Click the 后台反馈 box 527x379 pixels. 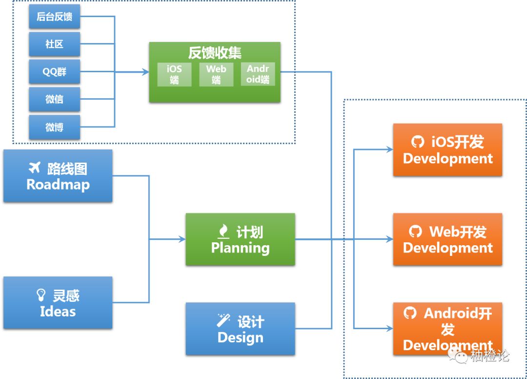[55, 17]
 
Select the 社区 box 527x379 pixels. [55, 44]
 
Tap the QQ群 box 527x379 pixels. [55, 72]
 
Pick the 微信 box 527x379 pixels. [55, 99]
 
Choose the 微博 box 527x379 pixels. [55, 127]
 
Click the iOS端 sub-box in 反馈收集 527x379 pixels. [174, 74]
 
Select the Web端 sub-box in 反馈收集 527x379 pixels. [216, 74]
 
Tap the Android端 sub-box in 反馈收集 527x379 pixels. [258, 74]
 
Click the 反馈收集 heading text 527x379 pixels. [215, 53]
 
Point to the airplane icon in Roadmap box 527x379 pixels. [35, 167]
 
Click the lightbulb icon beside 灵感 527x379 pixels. [41, 295]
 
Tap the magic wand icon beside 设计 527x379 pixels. [223, 320]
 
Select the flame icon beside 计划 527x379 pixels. [223, 232]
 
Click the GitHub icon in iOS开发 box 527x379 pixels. [418, 142]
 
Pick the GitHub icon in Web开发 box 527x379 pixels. [415, 232]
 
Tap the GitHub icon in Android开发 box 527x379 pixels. [410, 313]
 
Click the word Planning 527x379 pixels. [240, 248]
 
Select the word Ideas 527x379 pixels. [58, 312]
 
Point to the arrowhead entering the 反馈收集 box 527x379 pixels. [145, 72]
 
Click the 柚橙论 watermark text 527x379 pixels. [490, 356]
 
